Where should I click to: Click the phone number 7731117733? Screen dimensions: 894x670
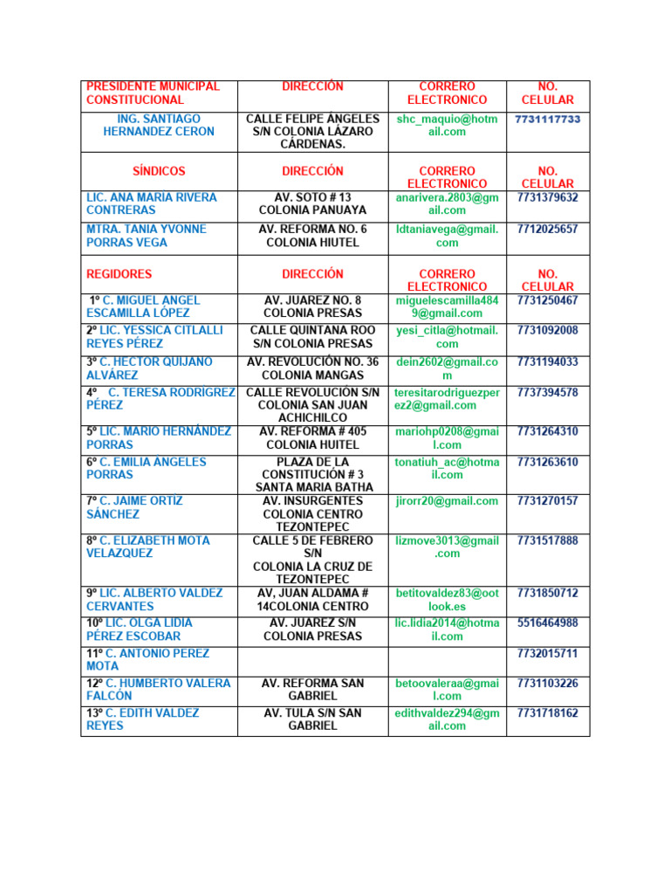click(x=547, y=119)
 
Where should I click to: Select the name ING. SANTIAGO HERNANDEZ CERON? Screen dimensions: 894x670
click(x=158, y=125)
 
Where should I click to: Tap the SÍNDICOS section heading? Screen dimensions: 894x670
click(x=158, y=171)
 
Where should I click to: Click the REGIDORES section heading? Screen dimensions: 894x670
click(x=119, y=274)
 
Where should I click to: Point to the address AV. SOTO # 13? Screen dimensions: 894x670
click(x=312, y=197)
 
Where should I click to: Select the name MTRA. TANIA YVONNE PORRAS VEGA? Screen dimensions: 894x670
click(x=147, y=236)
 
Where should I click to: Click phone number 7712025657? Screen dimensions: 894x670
click(x=547, y=230)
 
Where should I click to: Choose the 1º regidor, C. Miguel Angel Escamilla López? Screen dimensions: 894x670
click(x=149, y=306)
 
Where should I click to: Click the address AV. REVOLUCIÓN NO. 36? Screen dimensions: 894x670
click(x=312, y=362)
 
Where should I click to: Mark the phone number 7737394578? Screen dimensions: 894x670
click(x=547, y=393)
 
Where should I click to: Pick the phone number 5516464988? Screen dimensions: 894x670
click(x=547, y=623)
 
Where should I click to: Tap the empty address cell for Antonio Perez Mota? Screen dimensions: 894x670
click(x=312, y=659)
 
